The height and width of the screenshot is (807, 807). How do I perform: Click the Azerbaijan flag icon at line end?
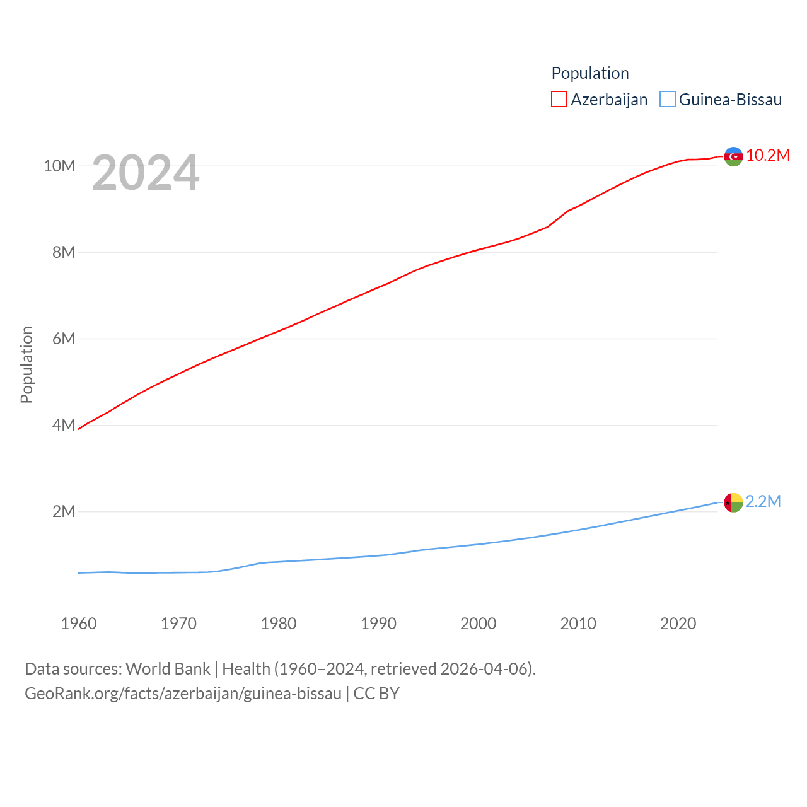point(733,156)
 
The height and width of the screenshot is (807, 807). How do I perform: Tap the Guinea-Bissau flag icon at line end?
point(733,502)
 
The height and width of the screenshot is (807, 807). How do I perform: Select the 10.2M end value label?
point(768,156)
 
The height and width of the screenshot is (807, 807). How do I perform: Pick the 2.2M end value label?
point(763,501)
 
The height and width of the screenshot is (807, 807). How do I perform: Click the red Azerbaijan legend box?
point(559,100)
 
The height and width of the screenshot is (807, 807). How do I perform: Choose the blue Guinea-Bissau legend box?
point(668,100)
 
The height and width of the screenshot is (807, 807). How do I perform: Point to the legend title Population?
point(590,73)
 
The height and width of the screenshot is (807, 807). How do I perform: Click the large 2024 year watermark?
point(146,173)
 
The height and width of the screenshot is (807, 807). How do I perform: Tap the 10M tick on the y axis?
point(59,166)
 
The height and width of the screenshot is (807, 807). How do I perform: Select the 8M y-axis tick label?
point(64,252)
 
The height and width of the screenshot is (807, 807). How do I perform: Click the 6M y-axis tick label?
point(64,339)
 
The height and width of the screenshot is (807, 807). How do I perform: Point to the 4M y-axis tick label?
point(64,425)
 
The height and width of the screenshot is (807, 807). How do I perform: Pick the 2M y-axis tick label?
point(64,511)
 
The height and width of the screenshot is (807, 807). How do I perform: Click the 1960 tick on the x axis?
point(79,624)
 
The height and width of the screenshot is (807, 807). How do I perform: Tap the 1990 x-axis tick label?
point(378,624)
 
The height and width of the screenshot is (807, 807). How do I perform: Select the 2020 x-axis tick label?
point(678,624)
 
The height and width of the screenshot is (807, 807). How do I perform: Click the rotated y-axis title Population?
point(26,364)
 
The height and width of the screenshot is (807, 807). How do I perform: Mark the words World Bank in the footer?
point(168,669)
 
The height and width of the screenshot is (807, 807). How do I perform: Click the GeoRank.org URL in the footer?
point(183,694)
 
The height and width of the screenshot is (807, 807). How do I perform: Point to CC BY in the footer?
point(376,694)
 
